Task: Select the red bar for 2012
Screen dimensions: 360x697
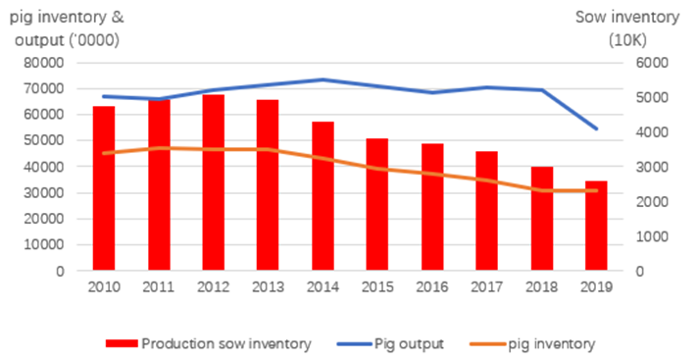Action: pyautogui.click(x=214, y=182)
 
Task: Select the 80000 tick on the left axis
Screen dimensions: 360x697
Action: pyautogui.click(x=43, y=63)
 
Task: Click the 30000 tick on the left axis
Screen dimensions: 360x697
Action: pyautogui.click(x=43, y=193)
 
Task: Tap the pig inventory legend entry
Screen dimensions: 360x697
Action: pyautogui.click(x=550, y=343)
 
